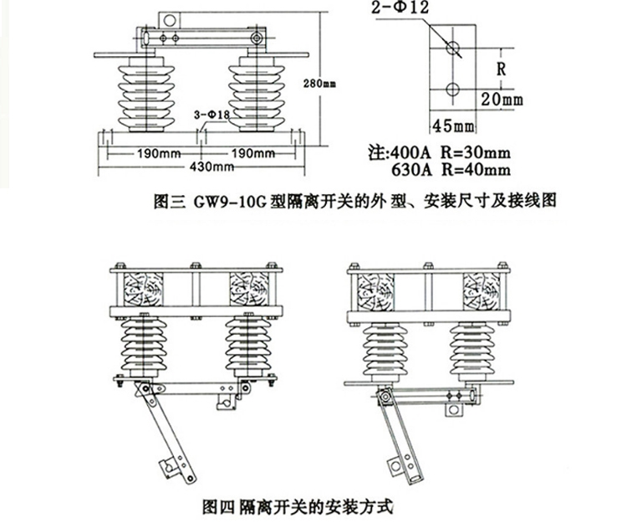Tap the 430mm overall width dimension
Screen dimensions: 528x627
pos(212,167)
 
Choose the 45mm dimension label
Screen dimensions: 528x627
pos(452,126)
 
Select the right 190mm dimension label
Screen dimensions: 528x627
pos(252,153)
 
